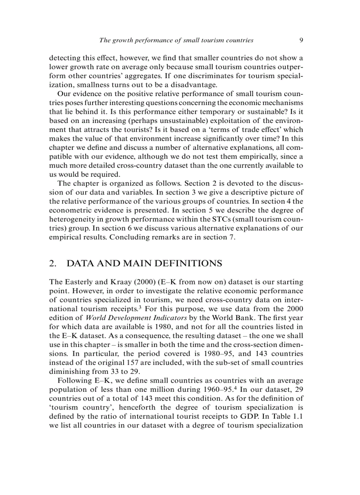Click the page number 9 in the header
click(x=301, y=40)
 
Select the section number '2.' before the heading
click(x=53, y=264)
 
